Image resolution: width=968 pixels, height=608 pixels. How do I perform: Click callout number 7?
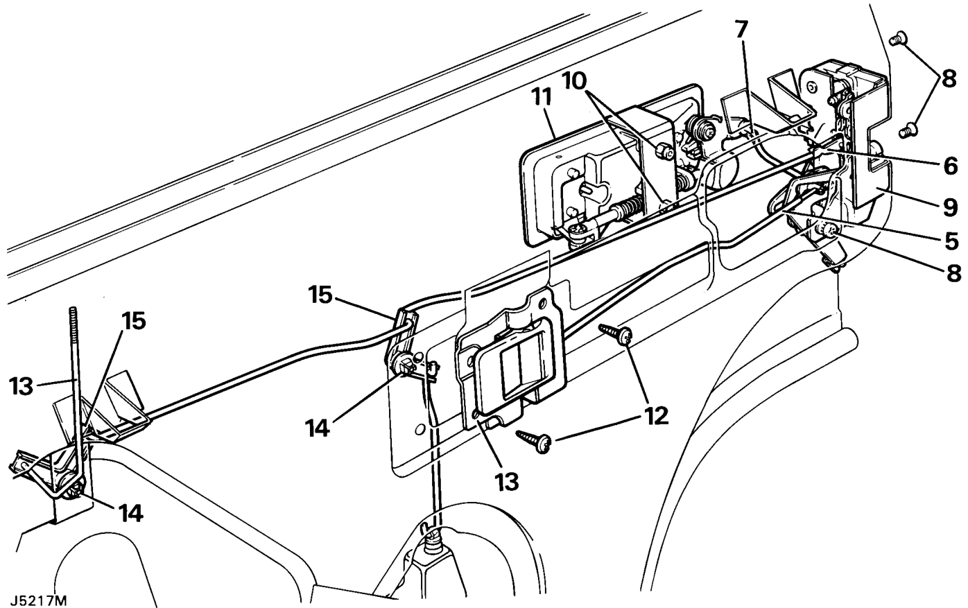tap(741, 29)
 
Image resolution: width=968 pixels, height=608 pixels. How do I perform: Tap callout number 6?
tap(950, 166)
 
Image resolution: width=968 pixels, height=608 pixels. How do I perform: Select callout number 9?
tap(950, 207)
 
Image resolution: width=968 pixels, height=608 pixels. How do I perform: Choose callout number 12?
tap(655, 416)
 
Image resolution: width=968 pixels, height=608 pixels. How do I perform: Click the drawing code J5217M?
tap(38, 600)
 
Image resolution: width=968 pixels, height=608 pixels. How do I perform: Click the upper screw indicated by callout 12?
tap(616, 334)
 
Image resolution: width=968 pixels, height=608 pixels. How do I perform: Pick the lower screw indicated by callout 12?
tap(534, 442)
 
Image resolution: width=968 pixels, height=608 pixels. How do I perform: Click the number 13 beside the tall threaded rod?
tap(21, 386)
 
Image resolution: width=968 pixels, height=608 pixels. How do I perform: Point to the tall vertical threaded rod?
tap(76, 389)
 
